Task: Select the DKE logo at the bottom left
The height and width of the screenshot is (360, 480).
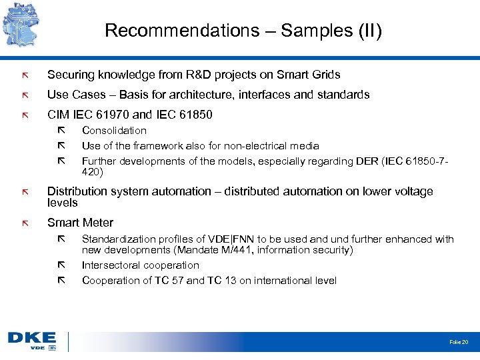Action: pos(31,341)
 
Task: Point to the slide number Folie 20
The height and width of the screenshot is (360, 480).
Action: pos(459,342)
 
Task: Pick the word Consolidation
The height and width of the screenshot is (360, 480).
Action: pos(114,131)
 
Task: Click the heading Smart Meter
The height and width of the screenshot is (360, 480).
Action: pos(80,223)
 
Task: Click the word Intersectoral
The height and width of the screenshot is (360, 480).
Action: pos(113,265)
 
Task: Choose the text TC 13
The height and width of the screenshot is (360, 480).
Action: pos(222,281)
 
